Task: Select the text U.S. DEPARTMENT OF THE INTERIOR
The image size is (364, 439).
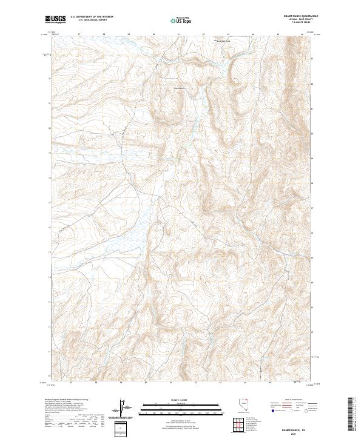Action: (92, 17)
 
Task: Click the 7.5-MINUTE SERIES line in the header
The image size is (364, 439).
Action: (308, 23)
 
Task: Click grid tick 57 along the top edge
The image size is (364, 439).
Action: (79, 35)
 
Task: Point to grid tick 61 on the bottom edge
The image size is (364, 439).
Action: (178, 383)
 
